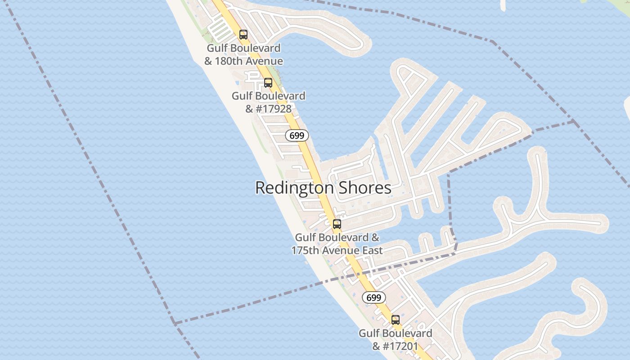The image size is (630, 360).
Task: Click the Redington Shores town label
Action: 323,188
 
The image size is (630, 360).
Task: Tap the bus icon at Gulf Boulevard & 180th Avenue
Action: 243,34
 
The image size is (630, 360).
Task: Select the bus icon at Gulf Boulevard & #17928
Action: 268,83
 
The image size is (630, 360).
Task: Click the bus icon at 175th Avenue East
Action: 337,224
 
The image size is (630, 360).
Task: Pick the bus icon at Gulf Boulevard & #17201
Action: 396,320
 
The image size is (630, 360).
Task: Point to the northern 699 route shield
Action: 297,135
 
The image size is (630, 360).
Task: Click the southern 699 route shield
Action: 374,297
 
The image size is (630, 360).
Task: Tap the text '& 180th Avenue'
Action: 243,61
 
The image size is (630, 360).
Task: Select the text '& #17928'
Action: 268,109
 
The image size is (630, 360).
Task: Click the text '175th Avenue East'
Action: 337,251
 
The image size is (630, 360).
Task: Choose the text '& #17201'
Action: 395,346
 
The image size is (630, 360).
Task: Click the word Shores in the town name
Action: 365,188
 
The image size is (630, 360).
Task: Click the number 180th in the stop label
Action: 229,61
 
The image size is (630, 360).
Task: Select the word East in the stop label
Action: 372,251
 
